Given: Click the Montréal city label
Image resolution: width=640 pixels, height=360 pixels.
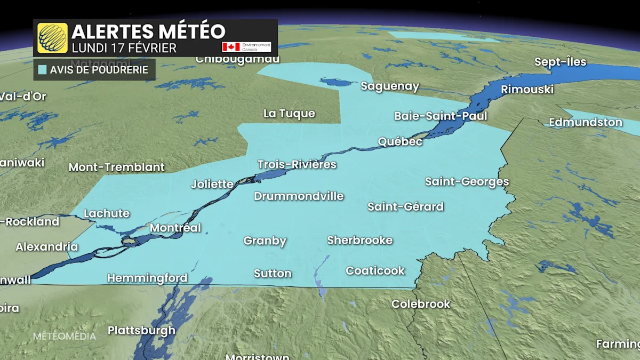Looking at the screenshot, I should (175, 228).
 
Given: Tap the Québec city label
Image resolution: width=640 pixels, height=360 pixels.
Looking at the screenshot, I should (400, 141).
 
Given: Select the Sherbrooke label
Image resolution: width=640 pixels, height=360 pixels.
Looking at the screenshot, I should (360, 240).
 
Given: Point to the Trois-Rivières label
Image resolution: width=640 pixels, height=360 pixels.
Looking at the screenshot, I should (297, 164).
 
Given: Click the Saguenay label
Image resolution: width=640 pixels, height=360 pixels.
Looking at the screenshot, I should (390, 86).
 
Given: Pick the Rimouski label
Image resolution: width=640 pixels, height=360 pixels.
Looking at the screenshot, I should (527, 89).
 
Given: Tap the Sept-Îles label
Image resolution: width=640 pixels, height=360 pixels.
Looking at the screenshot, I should (560, 62).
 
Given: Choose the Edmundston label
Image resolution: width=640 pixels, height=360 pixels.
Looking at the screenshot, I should (586, 122).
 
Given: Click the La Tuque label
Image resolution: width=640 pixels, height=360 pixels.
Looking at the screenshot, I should (289, 114).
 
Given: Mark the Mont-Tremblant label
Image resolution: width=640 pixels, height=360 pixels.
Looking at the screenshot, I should (117, 167).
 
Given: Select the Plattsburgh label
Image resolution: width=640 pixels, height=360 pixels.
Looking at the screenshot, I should (141, 330).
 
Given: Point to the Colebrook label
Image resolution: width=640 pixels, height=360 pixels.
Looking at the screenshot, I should (421, 304).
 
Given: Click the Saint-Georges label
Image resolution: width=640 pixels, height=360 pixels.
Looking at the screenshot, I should (467, 182).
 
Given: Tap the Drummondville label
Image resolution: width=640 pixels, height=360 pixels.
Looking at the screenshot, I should (299, 196).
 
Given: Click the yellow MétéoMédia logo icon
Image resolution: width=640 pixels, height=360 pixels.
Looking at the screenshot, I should (52, 38).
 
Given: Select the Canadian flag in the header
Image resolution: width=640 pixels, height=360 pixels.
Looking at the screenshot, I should (231, 47).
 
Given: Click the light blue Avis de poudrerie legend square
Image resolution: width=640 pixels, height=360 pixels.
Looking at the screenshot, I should (42, 70).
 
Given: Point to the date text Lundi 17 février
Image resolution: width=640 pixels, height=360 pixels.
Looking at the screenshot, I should (124, 47).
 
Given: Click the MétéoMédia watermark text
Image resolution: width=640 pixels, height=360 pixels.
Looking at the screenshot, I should (65, 336).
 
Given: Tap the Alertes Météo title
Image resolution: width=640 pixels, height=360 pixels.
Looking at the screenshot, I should (148, 31).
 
